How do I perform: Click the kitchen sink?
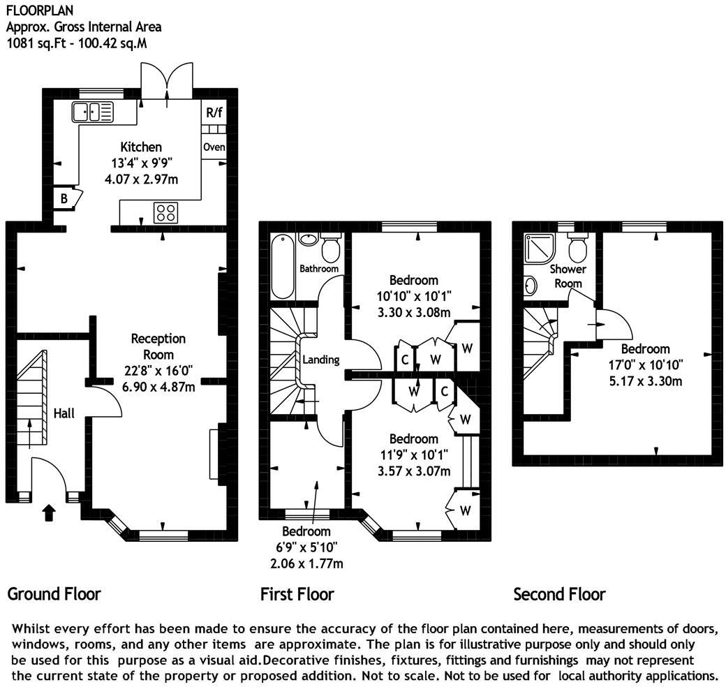[x=93, y=112]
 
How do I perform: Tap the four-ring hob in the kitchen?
[x=165, y=213]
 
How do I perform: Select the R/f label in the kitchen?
[x=214, y=112]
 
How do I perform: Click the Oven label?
[x=214, y=147]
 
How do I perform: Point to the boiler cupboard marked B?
[x=64, y=198]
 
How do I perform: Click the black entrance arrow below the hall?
[x=49, y=513]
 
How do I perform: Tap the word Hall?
[x=64, y=413]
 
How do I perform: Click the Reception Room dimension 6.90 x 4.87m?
[x=158, y=387]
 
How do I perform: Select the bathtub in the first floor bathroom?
[x=283, y=267]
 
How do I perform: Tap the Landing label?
[x=321, y=360]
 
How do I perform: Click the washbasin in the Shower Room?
[x=531, y=286]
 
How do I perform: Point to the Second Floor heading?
[x=559, y=594]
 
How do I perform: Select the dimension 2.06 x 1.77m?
[x=306, y=563]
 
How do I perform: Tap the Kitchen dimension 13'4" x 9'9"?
[x=141, y=163]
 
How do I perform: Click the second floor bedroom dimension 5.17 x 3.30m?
[x=646, y=381]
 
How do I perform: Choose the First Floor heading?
[x=297, y=594]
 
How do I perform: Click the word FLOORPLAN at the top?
[x=33, y=10]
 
